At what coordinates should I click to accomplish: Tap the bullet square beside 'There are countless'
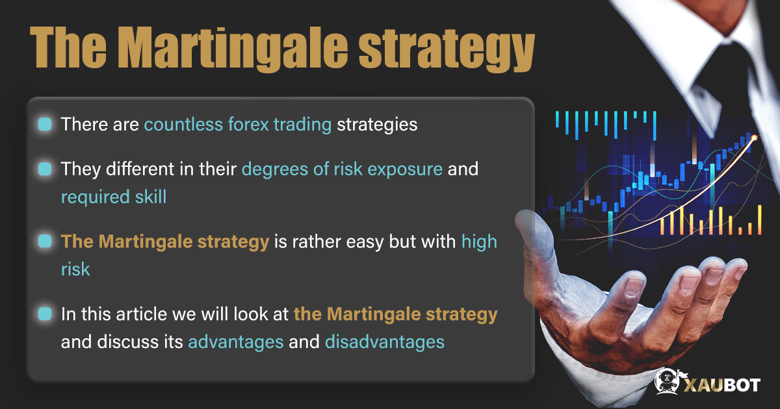[44, 124]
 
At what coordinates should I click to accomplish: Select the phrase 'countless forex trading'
[237, 124]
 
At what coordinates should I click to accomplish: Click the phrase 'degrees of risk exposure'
[342, 169]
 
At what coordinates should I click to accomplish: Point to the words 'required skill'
[114, 196]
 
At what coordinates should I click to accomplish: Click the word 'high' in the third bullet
[479, 242]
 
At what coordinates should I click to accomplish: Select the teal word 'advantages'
[235, 341]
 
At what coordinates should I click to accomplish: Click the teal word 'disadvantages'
[385, 341]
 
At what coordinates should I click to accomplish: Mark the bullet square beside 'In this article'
[44, 314]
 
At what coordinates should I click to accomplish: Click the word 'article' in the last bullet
[141, 314]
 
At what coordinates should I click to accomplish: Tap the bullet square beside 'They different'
[44, 169]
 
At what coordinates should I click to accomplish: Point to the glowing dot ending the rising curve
[754, 137]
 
